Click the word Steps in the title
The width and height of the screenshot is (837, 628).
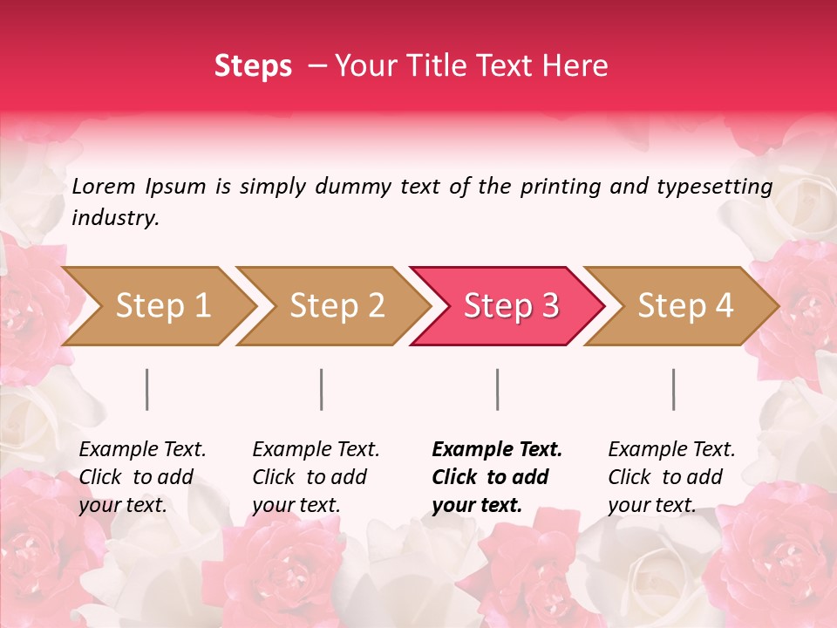(x=253, y=66)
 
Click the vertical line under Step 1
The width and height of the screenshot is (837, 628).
(x=147, y=389)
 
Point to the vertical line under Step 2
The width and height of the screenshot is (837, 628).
(x=322, y=389)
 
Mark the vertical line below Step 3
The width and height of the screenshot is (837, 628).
(x=498, y=389)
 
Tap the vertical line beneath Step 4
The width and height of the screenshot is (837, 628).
(x=674, y=389)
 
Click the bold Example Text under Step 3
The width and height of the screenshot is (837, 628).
(x=497, y=476)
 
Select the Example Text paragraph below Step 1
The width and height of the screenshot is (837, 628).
(x=142, y=476)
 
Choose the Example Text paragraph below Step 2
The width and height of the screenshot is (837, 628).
(x=316, y=476)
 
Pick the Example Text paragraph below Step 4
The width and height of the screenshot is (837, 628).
(x=671, y=476)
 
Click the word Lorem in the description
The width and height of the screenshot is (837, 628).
(x=104, y=186)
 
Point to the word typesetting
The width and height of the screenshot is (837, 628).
(x=721, y=187)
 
